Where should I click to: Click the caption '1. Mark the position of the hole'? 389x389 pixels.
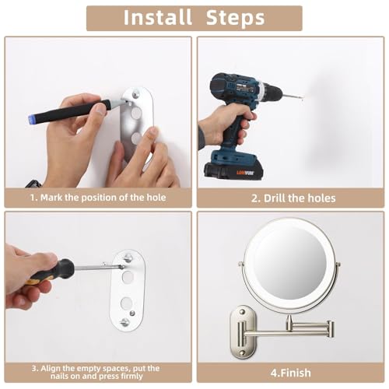(x=97, y=198)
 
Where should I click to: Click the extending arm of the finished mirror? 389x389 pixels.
(x=303, y=328)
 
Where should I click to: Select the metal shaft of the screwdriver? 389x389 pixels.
(x=97, y=267)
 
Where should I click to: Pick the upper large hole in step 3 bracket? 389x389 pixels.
(x=127, y=274)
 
